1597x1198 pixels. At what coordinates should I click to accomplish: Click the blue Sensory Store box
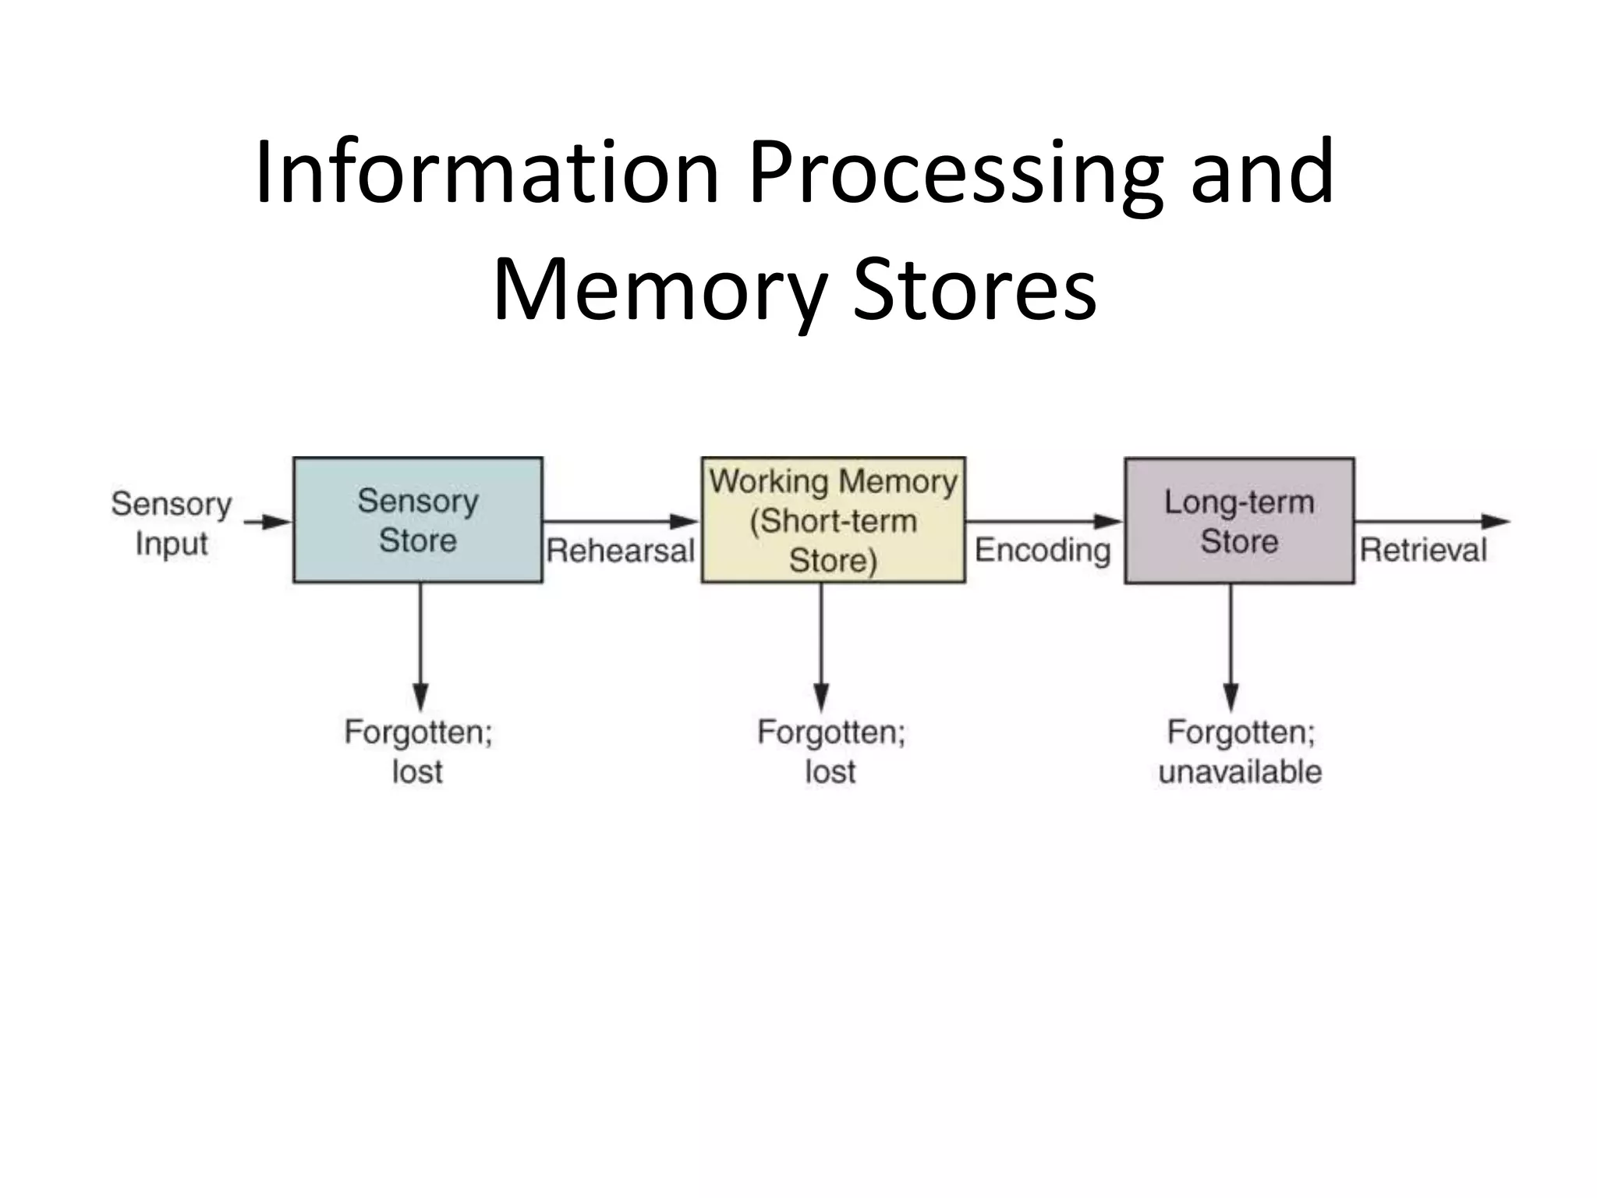click(417, 520)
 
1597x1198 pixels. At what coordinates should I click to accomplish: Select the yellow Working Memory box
click(833, 520)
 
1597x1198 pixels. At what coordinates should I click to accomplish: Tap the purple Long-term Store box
click(1239, 521)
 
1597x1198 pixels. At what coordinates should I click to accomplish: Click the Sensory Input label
click(172, 523)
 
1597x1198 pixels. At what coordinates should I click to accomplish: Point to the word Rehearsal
click(621, 551)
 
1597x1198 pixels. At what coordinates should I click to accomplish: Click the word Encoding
click(1043, 551)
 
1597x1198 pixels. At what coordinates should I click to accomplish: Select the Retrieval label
click(1423, 551)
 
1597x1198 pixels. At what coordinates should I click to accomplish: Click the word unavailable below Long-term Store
click(1240, 772)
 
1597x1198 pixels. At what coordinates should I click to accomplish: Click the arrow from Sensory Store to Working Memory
click(621, 521)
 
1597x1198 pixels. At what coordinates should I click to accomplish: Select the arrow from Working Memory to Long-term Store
click(1044, 521)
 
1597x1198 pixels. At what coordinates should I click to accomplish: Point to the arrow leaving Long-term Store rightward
click(1431, 521)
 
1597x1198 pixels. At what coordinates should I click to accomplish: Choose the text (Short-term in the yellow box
click(833, 521)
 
